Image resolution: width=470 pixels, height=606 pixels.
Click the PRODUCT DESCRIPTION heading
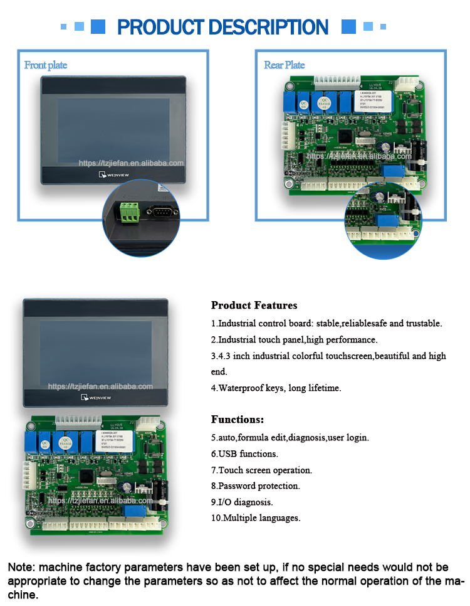click(222, 27)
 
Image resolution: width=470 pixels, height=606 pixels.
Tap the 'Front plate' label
click(45, 65)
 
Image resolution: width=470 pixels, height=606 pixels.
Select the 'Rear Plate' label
click(284, 65)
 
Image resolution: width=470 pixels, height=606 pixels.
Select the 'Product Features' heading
click(254, 306)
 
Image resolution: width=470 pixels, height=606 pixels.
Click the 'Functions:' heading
click(238, 419)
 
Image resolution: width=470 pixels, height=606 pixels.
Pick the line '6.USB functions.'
click(244, 454)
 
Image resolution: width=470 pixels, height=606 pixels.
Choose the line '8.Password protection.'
click(255, 486)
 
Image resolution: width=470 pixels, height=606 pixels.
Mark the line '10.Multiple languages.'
click(256, 518)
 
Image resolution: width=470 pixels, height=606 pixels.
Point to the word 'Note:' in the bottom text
click(20, 568)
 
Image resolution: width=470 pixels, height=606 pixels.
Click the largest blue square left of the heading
click(98, 26)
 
